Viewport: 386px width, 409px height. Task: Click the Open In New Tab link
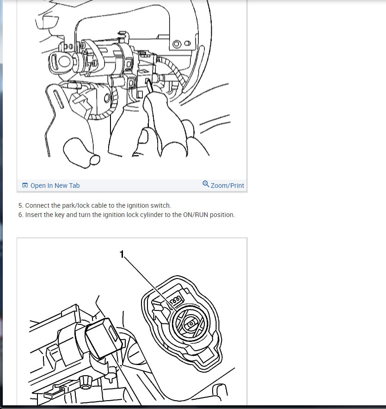point(55,186)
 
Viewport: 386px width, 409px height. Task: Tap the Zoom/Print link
point(227,186)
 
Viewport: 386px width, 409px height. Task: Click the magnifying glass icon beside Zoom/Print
point(206,184)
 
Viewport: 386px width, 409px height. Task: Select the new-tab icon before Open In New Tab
point(25,185)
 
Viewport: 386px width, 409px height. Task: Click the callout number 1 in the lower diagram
point(122,254)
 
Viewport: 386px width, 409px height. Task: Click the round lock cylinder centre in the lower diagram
point(191,324)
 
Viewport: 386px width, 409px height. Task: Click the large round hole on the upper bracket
point(177,44)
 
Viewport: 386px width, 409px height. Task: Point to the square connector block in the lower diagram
point(104,338)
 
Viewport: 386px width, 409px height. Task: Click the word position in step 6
point(222,215)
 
